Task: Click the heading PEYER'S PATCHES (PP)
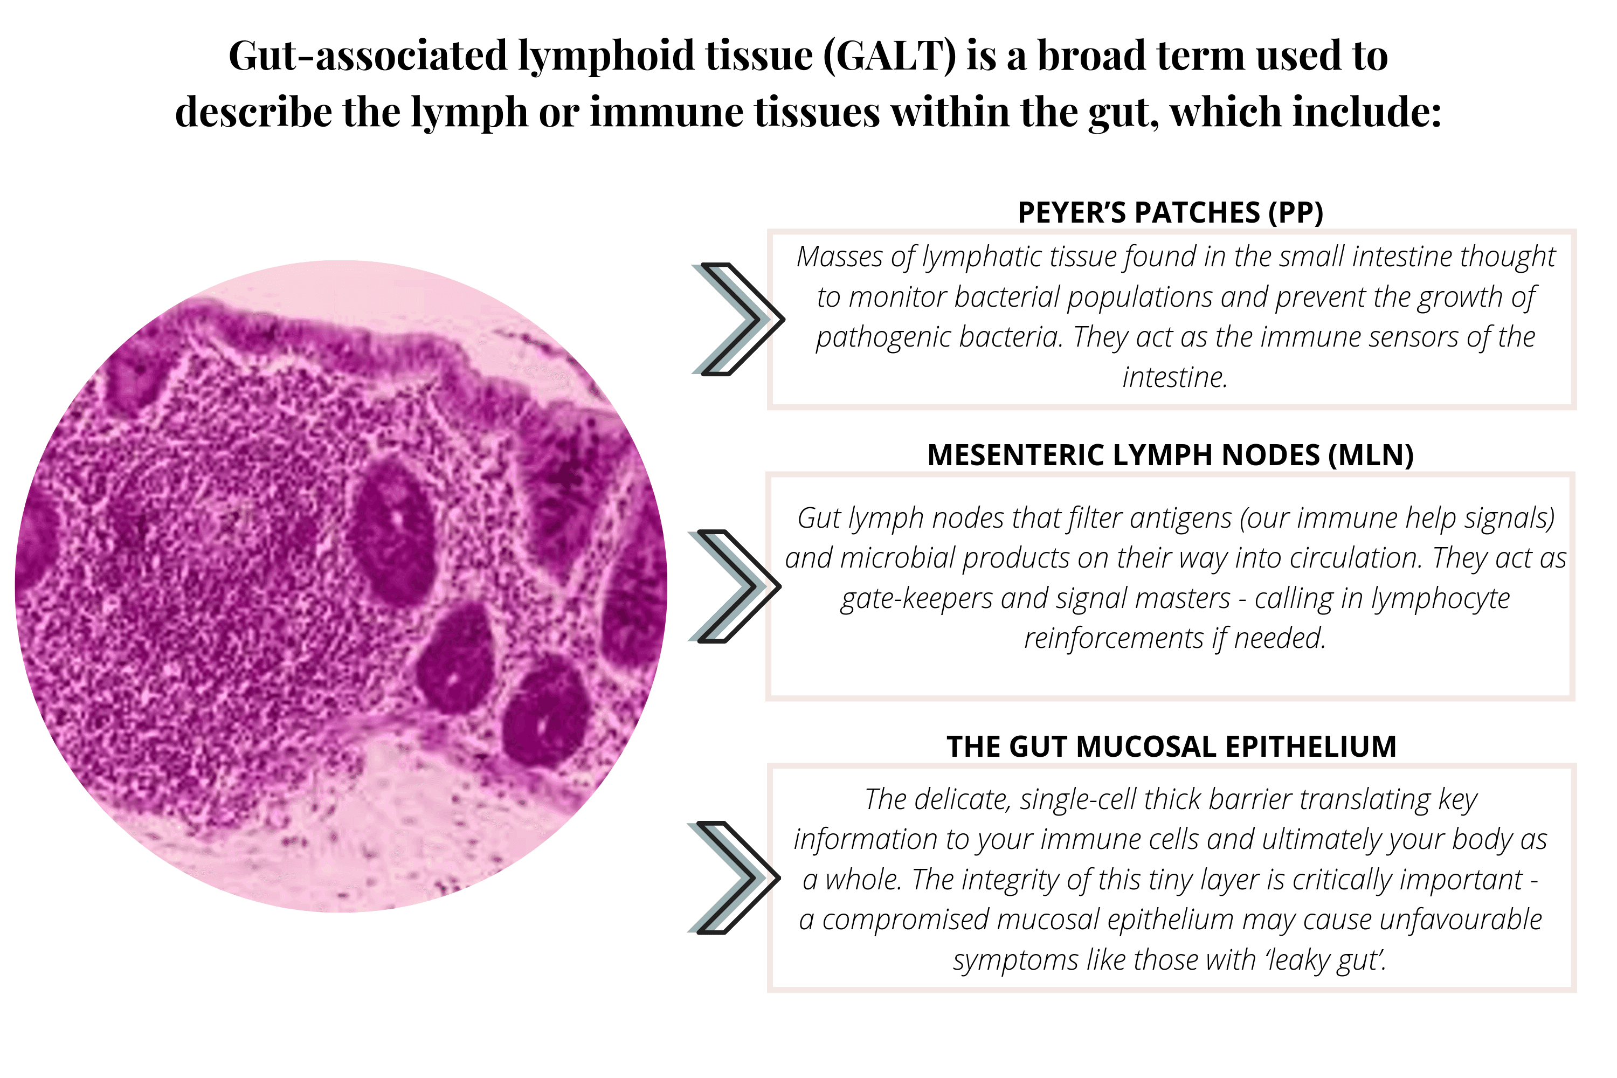(1170, 212)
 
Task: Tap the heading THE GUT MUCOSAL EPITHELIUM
(1171, 747)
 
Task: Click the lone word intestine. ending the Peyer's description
(1174, 377)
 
